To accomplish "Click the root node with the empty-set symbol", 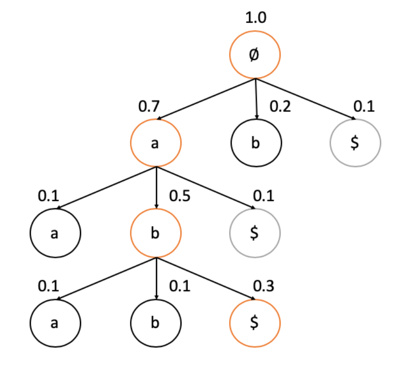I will click(x=255, y=55).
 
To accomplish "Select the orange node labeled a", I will click(x=155, y=143).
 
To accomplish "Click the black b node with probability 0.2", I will click(x=256, y=143).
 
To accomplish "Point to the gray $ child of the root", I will click(x=356, y=143).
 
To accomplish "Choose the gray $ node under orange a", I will click(x=255, y=233).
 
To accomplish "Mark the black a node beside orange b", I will click(x=55, y=233).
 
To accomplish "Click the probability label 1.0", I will click(x=256, y=19).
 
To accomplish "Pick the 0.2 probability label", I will click(x=281, y=106).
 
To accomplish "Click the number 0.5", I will click(x=180, y=196).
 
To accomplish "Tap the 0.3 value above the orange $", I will click(x=264, y=286).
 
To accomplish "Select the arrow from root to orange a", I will click(x=206, y=99).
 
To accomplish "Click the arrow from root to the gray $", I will click(x=305, y=98).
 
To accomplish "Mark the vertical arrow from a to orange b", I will click(x=155, y=188).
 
